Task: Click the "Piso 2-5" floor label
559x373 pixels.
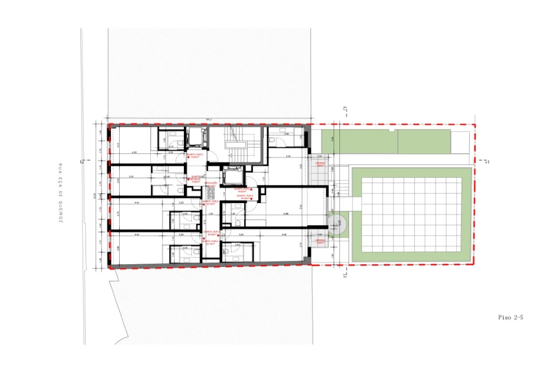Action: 510,318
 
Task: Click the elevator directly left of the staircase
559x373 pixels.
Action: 197,137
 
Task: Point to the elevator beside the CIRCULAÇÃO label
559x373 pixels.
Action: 230,178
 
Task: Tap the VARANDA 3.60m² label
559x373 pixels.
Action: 320,164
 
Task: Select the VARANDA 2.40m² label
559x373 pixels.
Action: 319,241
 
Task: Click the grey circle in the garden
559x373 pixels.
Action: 338,223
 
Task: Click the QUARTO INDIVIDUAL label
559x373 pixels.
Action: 196,179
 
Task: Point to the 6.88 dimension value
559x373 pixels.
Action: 285,213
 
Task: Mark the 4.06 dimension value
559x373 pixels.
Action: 284,235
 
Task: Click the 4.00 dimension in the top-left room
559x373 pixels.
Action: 134,153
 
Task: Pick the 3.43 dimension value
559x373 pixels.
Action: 132,177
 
